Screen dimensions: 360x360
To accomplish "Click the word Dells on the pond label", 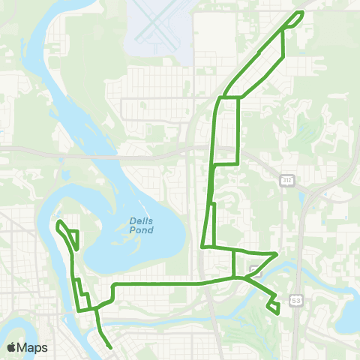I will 141,221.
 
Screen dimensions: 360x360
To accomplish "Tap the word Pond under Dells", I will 141,230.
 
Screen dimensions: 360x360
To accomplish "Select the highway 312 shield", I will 286,181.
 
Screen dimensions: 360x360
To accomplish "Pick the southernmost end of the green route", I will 111,347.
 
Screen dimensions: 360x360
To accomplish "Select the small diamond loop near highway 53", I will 274,305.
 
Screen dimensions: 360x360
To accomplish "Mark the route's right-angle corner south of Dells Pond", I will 113,285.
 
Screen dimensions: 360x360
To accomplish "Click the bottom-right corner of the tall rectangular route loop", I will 238,163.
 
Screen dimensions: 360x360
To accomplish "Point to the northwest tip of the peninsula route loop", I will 58,222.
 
